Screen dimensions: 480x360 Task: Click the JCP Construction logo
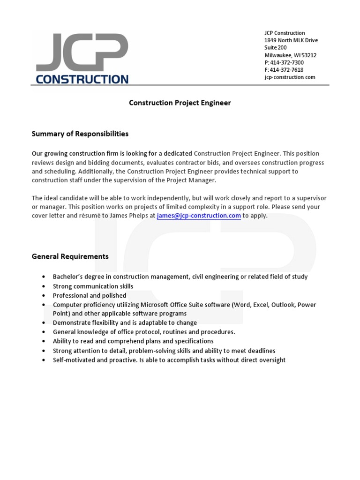tap(82, 58)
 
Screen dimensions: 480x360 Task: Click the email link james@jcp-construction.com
tap(199, 216)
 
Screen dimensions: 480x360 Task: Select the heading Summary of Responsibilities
tap(80, 134)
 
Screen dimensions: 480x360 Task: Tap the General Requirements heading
tap(70, 256)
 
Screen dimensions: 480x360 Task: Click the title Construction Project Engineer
tap(180, 103)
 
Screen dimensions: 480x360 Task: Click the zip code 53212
tap(309, 55)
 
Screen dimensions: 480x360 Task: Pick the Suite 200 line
tap(276, 48)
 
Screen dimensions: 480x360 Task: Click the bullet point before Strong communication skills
tap(44, 286)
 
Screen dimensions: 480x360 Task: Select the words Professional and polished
tap(90, 295)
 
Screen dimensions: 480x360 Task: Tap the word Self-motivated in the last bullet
tap(74, 360)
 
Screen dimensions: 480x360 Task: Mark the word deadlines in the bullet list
tap(260, 351)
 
